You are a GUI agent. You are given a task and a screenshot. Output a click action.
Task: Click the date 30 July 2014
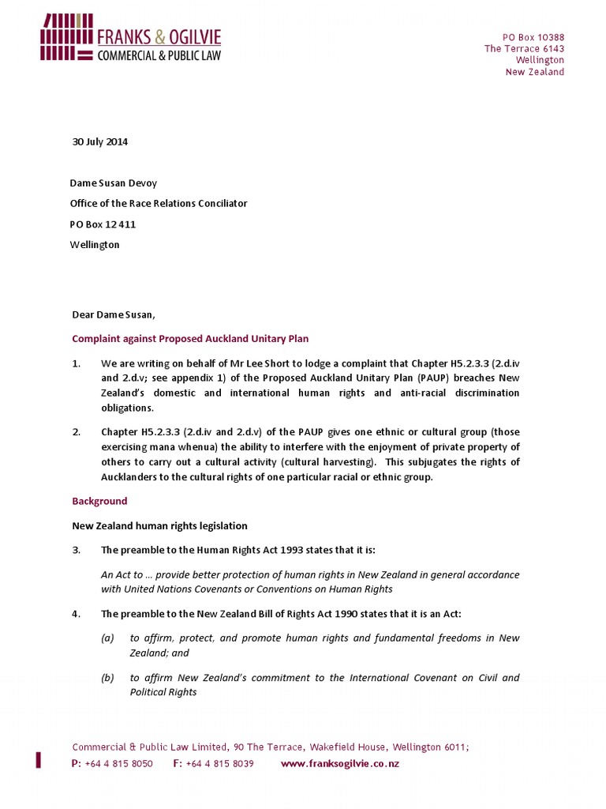click(99, 142)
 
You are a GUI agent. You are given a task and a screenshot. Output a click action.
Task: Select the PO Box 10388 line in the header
click(533, 37)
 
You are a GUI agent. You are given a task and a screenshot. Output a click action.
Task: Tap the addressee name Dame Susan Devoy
click(110, 183)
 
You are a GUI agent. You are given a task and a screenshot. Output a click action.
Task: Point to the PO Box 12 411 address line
click(103, 224)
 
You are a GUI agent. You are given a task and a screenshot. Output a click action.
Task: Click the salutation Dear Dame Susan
click(114, 315)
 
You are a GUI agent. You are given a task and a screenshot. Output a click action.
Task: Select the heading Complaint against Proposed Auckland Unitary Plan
click(190, 339)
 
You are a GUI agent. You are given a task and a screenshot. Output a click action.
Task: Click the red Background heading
click(99, 502)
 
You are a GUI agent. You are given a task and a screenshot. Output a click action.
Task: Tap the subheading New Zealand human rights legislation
click(160, 526)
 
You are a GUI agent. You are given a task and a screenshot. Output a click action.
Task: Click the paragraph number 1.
click(77, 363)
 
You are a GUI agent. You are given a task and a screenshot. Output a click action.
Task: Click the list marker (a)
click(107, 638)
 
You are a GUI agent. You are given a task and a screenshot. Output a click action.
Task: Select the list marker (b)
click(107, 678)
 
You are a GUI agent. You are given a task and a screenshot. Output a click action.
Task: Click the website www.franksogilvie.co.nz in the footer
click(340, 764)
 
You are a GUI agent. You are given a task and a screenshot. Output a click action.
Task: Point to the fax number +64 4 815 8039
click(219, 764)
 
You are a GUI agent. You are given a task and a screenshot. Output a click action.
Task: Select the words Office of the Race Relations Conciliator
click(159, 204)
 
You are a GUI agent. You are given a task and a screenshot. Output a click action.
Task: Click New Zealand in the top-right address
click(535, 72)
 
